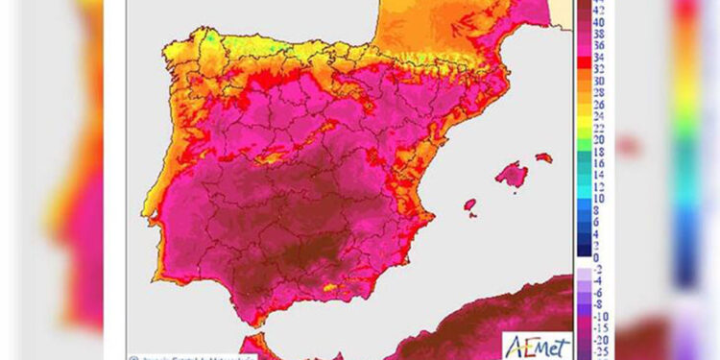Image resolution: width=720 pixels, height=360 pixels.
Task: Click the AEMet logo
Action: (x=537, y=347)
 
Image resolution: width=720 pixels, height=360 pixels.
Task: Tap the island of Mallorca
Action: (x=513, y=175)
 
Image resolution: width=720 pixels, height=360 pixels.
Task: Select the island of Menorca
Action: (x=543, y=156)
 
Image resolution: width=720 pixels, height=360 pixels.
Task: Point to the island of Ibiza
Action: (x=470, y=204)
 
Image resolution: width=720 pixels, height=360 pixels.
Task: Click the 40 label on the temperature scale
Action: (x=597, y=21)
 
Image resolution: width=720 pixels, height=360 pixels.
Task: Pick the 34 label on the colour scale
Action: (x=597, y=58)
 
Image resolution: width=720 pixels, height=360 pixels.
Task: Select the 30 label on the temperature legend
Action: (x=597, y=82)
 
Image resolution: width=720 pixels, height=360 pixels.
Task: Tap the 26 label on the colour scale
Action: (x=597, y=105)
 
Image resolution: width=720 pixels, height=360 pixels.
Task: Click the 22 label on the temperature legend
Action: (x=597, y=129)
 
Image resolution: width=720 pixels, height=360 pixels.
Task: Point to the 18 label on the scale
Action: (x=597, y=152)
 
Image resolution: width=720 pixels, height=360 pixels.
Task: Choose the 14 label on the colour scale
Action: (x=597, y=176)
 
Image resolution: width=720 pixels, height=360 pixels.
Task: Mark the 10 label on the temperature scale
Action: (x=597, y=199)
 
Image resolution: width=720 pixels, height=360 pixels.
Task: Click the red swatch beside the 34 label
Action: (x=584, y=58)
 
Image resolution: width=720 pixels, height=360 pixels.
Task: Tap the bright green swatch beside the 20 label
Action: (x=584, y=140)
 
